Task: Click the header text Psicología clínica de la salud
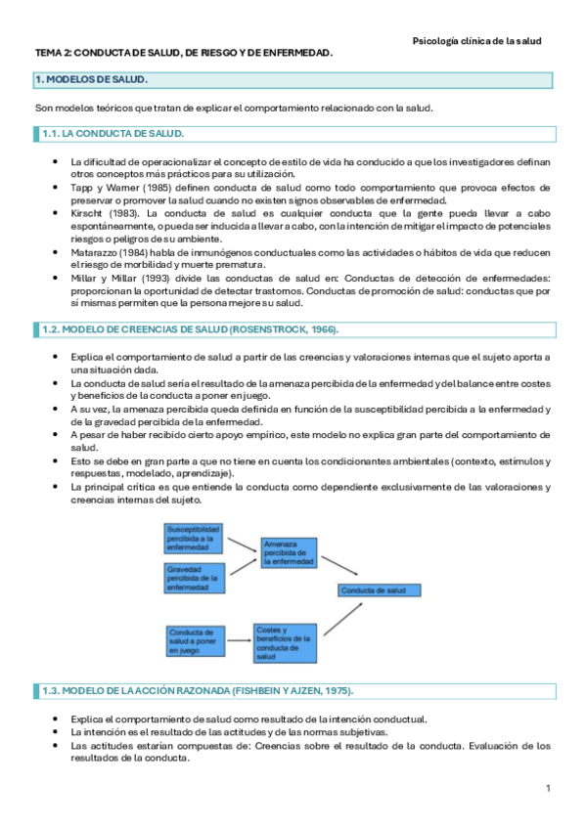tap(476, 41)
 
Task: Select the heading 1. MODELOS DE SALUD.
tap(91, 79)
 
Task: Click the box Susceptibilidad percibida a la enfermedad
tap(194, 539)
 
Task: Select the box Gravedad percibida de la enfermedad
tap(194, 577)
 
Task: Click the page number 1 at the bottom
tap(549, 788)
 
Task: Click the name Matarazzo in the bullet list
tap(96, 252)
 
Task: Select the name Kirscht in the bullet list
tap(89, 212)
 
